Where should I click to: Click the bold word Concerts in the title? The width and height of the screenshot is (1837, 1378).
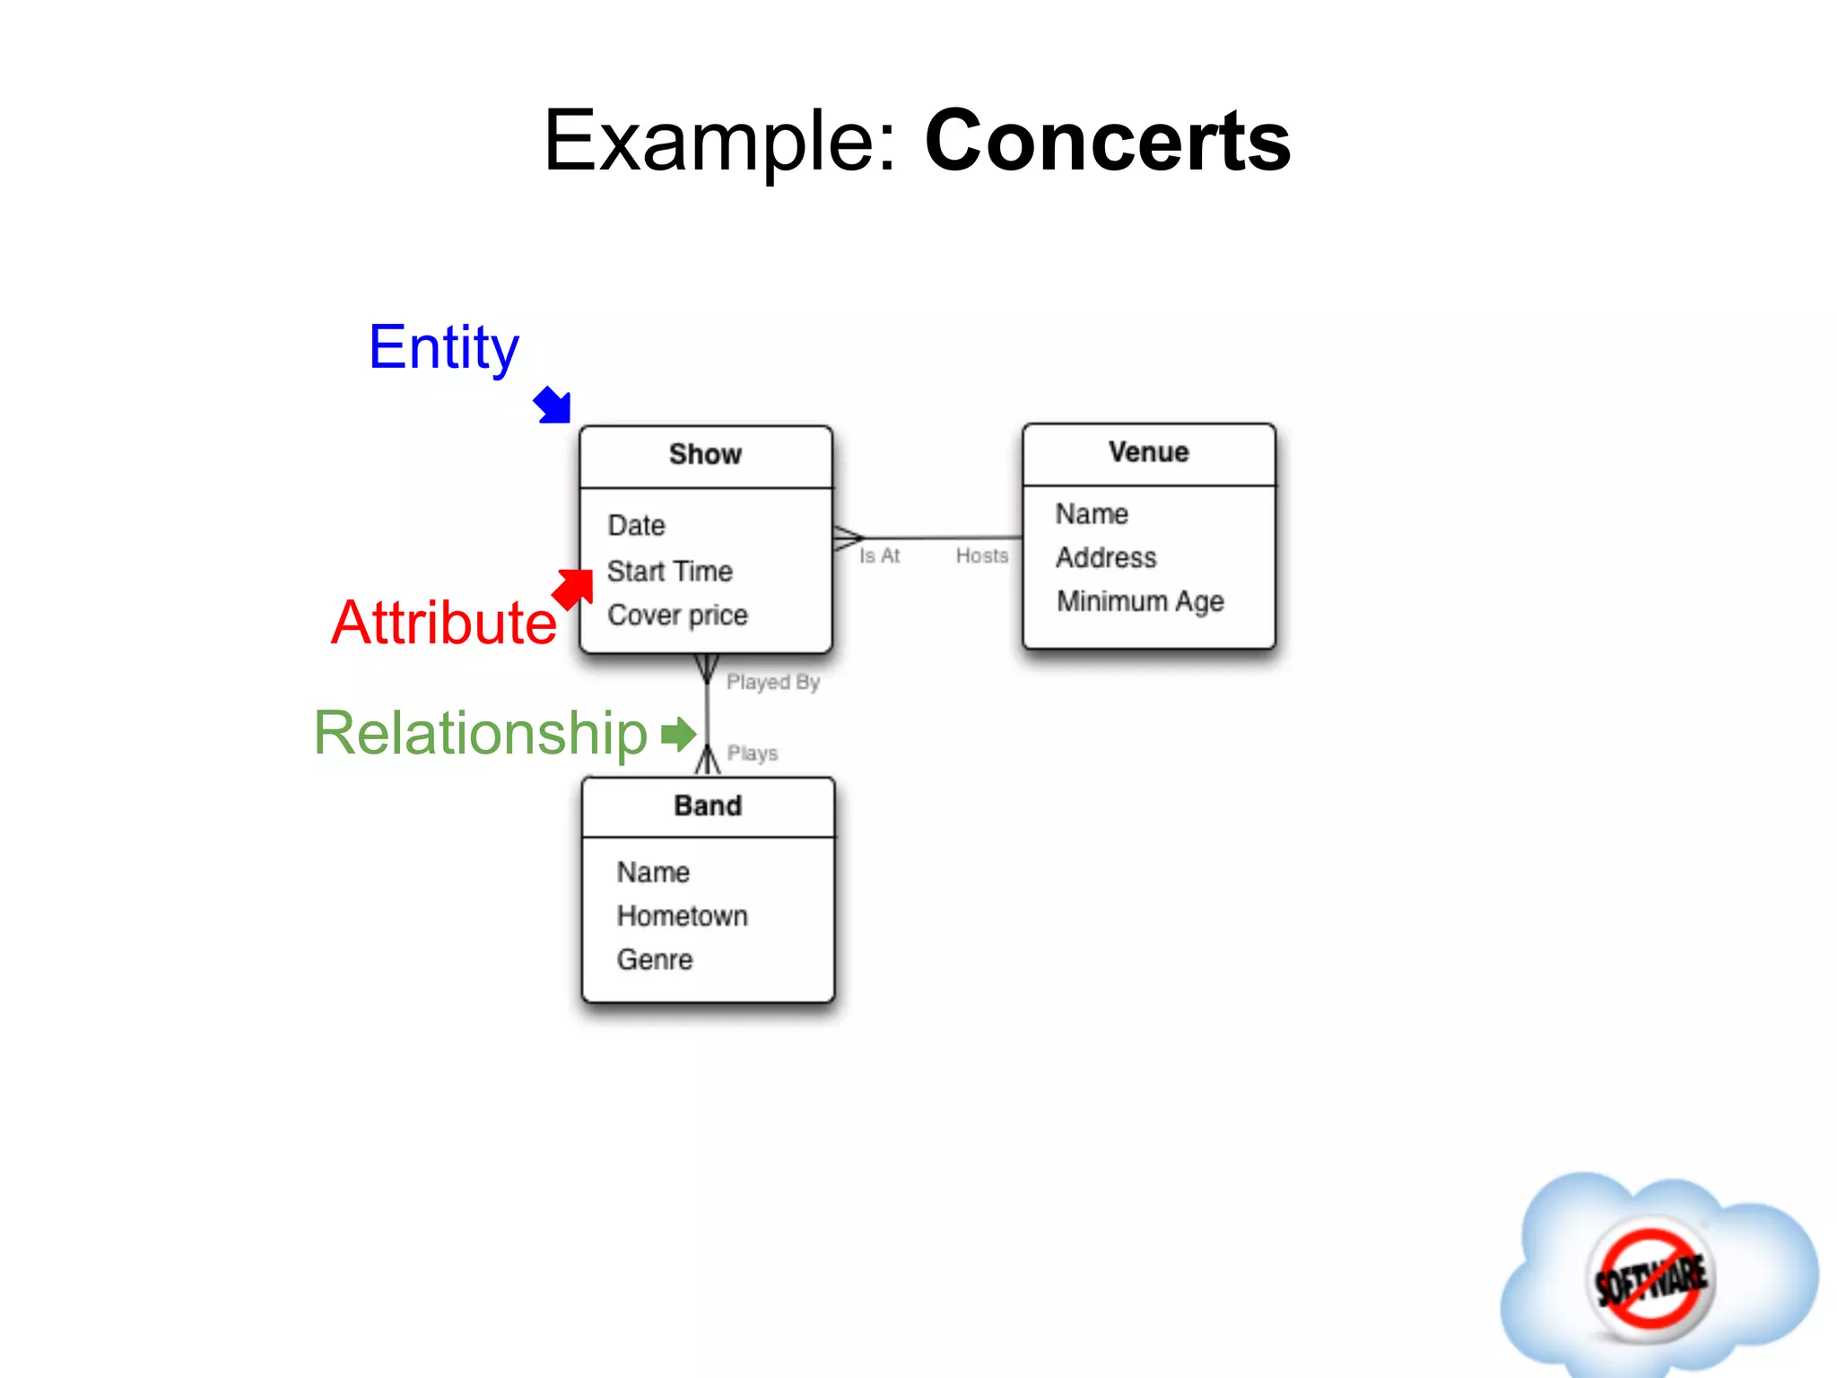coord(1107,141)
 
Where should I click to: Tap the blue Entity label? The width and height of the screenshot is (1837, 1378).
coord(443,348)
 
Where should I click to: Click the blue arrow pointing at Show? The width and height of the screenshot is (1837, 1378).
coord(553,405)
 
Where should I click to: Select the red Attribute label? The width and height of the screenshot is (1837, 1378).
coord(443,623)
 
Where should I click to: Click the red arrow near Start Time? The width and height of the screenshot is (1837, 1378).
coord(573,589)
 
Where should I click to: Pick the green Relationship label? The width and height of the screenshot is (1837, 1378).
coord(480,733)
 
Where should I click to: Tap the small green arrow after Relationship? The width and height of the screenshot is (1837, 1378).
coord(678,734)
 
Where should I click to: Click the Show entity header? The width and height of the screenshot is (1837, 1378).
coord(705,455)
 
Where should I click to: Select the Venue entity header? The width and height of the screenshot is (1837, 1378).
coord(1148,452)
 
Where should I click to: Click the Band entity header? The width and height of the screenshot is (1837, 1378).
coord(708,806)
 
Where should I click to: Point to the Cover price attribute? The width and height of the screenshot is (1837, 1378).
coord(677,615)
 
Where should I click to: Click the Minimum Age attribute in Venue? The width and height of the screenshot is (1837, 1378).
coord(1139,601)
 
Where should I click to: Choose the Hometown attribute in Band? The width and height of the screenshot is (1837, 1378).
coord(682,916)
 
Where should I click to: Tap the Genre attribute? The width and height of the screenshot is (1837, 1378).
coord(655,960)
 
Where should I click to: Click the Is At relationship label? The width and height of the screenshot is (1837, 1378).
coord(879,556)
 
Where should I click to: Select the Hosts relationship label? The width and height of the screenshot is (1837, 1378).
coord(981,556)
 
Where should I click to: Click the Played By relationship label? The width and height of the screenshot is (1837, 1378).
coord(773,683)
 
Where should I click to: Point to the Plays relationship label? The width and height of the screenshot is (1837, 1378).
coord(752,754)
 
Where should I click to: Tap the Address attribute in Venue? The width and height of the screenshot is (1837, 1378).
coord(1106,558)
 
